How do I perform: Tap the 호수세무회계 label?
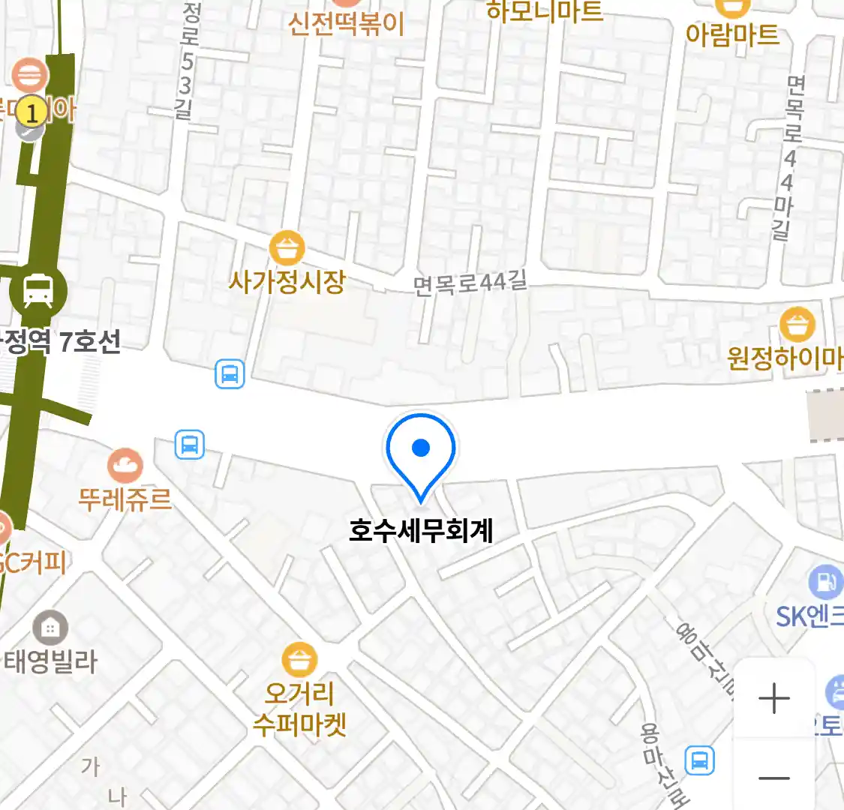click(421, 530)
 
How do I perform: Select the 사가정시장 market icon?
click(287, 247)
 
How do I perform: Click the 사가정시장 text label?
click(287, 282)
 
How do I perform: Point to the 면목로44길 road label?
click(470, 283)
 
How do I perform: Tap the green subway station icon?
click(38, 290)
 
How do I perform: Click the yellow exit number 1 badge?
click(31, 112)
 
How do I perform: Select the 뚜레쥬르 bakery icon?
click(125, 466)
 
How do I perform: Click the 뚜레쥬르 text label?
click(125, 499)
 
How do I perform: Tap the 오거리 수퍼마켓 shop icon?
click(299, 660)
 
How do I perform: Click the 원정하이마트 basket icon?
click(797, 324)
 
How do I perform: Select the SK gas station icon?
click(825, 582)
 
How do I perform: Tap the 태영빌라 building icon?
click(50, 627)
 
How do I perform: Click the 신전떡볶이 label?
click(346, 23)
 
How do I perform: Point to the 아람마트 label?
click(732, 34)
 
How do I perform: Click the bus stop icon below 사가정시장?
click(230, 373)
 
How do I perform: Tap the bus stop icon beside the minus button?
click(700, 760)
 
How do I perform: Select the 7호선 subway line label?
click(89, 342)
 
